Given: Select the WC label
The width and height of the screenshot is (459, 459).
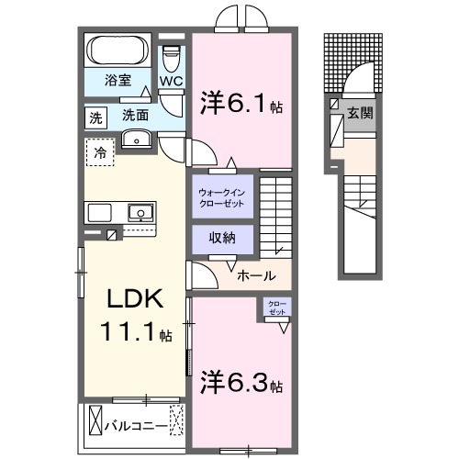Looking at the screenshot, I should [172, 81].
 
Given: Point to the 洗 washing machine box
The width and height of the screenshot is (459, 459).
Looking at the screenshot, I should [95, 117].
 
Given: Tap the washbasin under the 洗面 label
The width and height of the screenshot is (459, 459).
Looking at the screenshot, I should [137, 140].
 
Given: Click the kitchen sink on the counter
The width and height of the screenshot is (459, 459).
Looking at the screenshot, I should [140, 212].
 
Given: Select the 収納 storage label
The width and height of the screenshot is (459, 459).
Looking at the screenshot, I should [221, 237].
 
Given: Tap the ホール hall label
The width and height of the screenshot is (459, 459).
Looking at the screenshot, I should [253, 274].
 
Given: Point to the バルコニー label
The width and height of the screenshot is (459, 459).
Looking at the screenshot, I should [136, 427].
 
